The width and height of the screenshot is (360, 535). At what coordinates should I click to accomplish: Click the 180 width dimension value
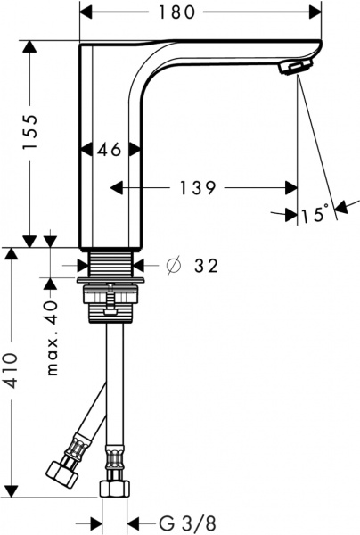(x=177, y=13)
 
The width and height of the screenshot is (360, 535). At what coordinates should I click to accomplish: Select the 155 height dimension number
(x=29, y=132)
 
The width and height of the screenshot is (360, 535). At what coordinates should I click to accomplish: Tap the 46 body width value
(x=110, y=150)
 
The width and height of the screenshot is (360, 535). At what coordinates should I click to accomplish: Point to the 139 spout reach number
(x=198, y=187)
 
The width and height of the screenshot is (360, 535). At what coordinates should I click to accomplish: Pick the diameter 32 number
(x=206, y=266)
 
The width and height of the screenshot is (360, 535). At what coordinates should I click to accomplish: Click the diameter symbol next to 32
(x=173, y=266)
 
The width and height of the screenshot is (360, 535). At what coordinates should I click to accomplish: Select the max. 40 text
(x=53, y=338)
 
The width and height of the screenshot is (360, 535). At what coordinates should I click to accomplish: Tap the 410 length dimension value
(x=12, y=371)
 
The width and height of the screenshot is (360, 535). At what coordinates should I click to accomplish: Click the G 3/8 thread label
(x=187, y=523)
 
